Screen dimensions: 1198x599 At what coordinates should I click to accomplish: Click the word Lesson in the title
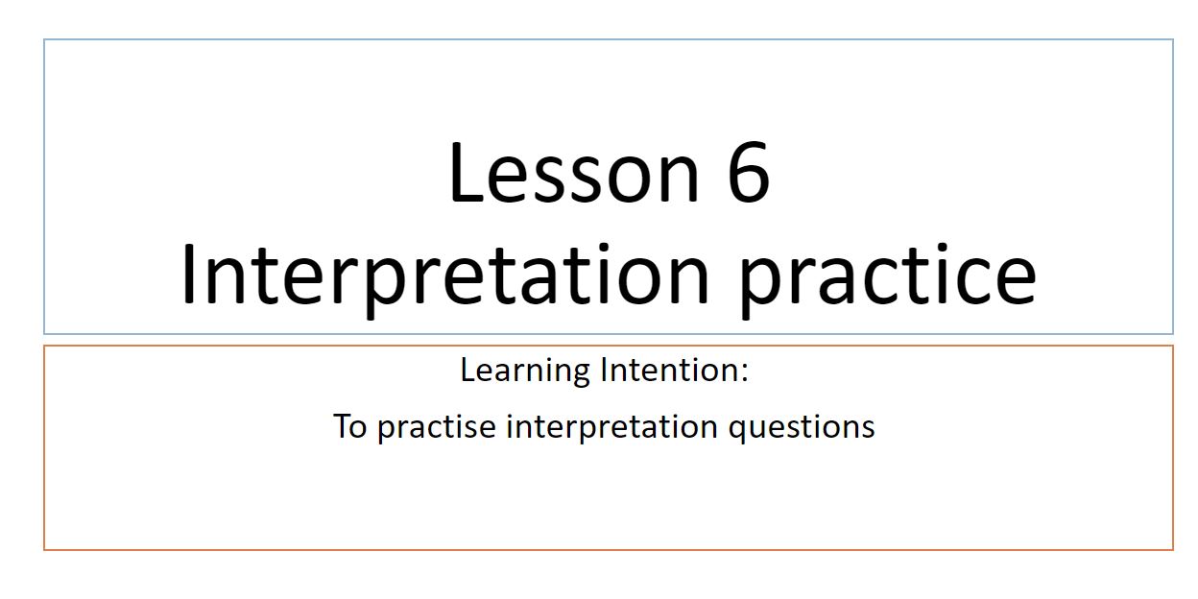coord(574,172)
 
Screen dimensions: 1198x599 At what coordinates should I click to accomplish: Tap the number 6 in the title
coord(748,171)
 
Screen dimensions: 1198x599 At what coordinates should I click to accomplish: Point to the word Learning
coord(525,371)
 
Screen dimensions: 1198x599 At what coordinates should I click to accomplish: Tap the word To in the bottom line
coord(350,426)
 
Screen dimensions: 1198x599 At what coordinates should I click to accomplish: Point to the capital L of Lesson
coord(467,172)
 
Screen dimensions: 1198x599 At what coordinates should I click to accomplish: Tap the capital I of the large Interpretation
coord(188,274)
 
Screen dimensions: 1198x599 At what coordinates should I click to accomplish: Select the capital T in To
coord(343,426)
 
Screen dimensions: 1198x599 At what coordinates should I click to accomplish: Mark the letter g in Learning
coord(580,375)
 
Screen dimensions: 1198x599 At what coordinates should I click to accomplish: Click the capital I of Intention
coord(605,371)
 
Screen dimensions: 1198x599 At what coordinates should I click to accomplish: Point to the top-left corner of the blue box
coord(44,39)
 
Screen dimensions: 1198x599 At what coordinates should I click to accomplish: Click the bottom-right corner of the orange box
coord(1173,549)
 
